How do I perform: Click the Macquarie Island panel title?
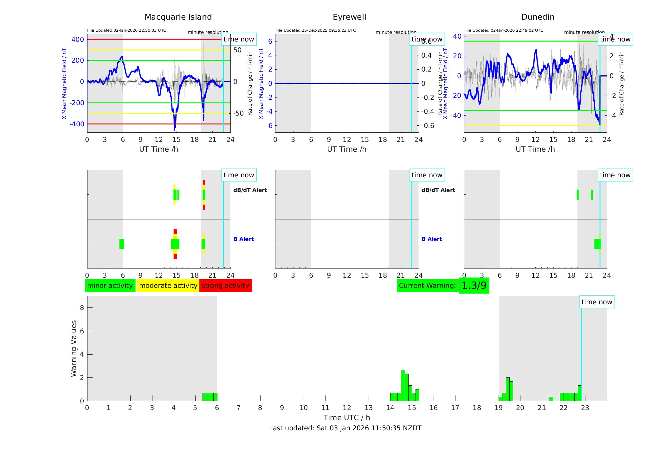pyautogui.click(x=178, y=17)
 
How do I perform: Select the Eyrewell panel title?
pyautogui.click(x=349, y=17)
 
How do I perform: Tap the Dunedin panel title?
pyautogui.click(x=538, y=17)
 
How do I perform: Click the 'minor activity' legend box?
pyautogui.click(x=110, y=286)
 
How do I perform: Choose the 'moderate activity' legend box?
pyautogui.click(x=168, y=286)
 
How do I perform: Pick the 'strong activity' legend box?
pyautogui.click(x=225, y=286)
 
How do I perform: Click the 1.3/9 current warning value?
pyautogui.click(x=474, y=286)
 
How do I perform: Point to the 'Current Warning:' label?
pyautogui.click(x=427, y=286)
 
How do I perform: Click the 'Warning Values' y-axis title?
pyautogui.click(x=74, y=348)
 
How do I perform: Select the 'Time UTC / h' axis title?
pyautogui.click(x=347, y=418)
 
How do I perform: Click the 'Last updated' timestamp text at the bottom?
pyautogui.click(x=345, y=428)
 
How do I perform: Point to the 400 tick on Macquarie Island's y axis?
pyautogui.click(x=78, y=40)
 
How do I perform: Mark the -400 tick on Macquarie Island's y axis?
pyautogui.click(x=77, y=124)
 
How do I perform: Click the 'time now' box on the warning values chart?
pyautogui.click(x=597, y=302)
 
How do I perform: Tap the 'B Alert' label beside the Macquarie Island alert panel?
pyautogui.click(x=243, y=239)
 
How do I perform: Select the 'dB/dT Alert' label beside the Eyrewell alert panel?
pyautogui.click(x=438, y=190)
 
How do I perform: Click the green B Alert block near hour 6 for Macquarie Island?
pyautogui.click(x=122, y=244)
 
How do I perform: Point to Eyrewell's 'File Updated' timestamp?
pyautogui.click(x=315, y=30)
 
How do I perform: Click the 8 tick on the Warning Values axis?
pyautogui.click(x=82, y=307)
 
